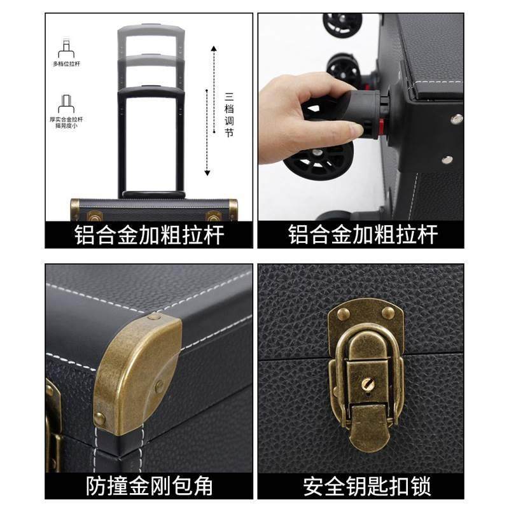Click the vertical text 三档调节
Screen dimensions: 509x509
tap(229, 115)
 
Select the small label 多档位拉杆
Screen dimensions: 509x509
tap(66, 64)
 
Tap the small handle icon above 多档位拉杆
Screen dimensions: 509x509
tap(66, 46)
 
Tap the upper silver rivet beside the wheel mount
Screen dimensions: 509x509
tap(456, 119)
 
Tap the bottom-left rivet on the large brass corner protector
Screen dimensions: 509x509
tap(100, 419)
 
